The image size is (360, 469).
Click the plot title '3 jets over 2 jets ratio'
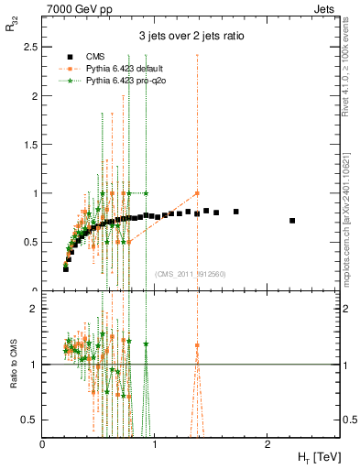pyautogui.click(x=191, y=36)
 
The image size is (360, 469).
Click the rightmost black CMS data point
pyautogui.click(x=292, y=221)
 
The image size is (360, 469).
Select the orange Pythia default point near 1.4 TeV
pyautogui.click(x=197, y=193)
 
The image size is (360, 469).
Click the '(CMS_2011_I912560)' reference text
pyautogui.click(x=191, y=274)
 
